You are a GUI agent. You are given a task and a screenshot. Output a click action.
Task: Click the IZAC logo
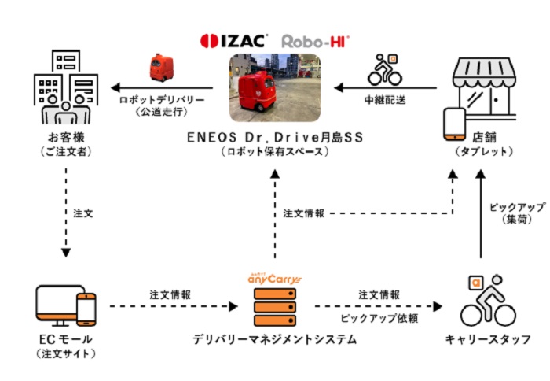(234, 39)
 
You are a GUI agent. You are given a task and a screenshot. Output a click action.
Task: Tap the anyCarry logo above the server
(274, 276)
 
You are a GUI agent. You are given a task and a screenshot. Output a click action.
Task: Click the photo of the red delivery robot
(275, 85)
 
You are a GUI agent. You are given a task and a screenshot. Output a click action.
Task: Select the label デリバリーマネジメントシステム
(274, 340)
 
